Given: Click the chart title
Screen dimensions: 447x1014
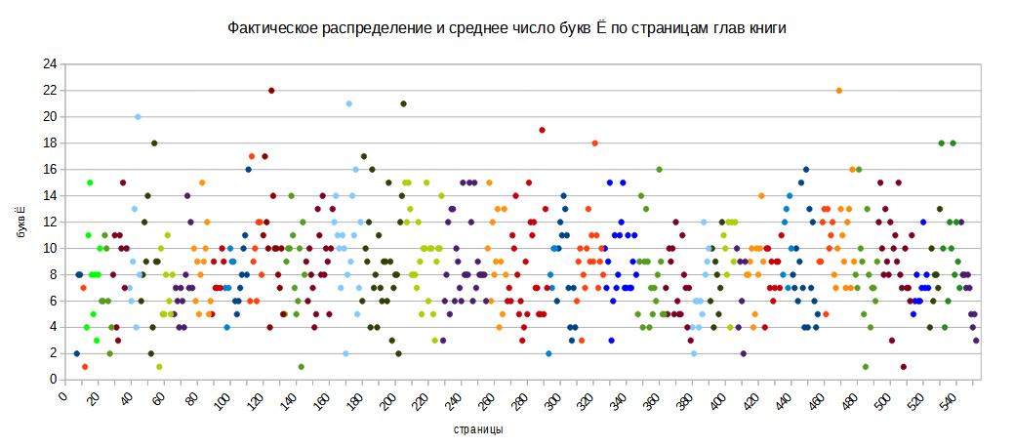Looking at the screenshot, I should pyautogui.click(x=507, y=28).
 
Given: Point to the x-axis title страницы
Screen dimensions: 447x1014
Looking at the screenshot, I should pyautogui.click(x=478, y=429).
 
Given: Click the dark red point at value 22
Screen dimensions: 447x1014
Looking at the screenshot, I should pyautogui.click(x=271, y=91).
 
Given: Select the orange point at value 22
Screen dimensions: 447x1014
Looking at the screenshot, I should pyautogui.click(x=838, y=91).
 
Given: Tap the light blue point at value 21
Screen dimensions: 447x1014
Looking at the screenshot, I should pyautogui.click(x=348, y=103).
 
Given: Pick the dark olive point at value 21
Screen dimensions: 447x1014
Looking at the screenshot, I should pyautogui.click(x=403, y=103).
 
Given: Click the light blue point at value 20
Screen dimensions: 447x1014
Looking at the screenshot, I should pyautogui.click(x=138, y=117).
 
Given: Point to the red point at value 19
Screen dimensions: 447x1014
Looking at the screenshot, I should pyautogui.click(x=542, y=130).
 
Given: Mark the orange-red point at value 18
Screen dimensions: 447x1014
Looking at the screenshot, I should pyautogui.click(x=594, y=143).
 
